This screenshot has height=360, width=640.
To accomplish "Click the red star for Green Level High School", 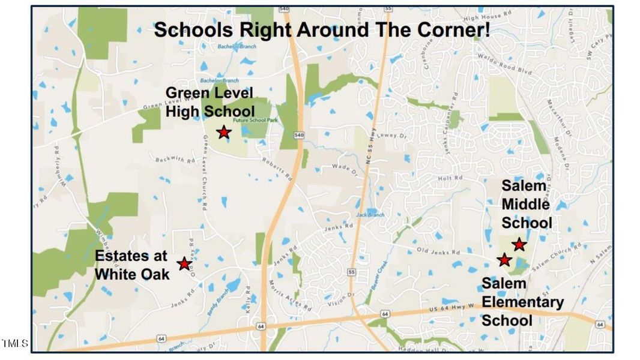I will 223,132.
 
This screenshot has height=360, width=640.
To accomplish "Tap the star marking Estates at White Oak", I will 184,264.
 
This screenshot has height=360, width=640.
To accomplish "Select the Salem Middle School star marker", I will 519,244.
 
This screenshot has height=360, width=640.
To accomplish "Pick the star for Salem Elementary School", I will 504,260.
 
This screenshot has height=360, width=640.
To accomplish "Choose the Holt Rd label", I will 447,178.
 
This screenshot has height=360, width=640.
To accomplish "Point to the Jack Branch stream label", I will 369,214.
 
